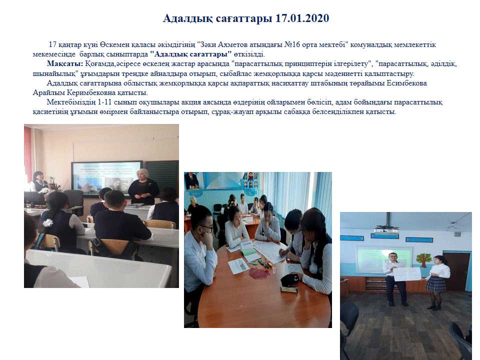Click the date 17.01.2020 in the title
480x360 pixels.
point(302,18)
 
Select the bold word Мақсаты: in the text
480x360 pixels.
point(65,64)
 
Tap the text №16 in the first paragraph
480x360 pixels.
point(292,44)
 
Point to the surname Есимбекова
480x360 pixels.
point(407,83)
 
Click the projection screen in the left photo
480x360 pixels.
point(107,177)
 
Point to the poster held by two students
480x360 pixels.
point(407,273)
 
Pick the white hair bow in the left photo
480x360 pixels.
point(48,222)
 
